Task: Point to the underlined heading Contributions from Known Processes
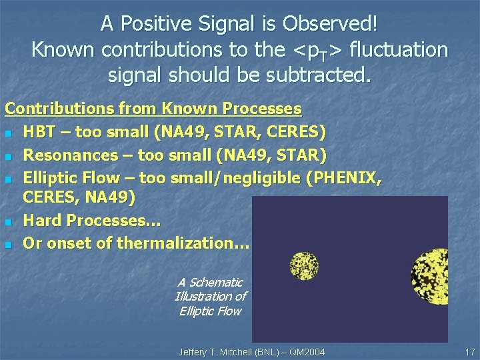coord(153,107)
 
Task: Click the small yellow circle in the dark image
coord(305,266)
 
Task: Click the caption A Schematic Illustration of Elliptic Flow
coord(210,297)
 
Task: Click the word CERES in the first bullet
coord(291,131)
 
